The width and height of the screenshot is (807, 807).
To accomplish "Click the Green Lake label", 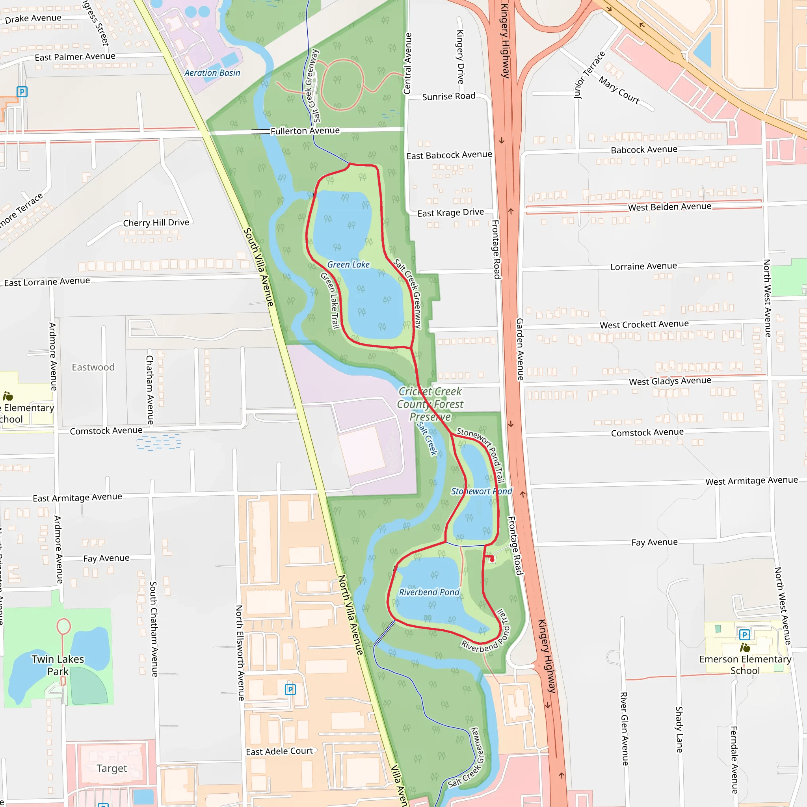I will coord(348,264).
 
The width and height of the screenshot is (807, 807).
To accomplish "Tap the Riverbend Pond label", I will coord(429,592).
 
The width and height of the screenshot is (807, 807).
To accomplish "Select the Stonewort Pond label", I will coord(481,491).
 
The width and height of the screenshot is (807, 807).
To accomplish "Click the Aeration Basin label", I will coord(212,73).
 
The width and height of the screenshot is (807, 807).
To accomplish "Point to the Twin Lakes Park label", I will coord(58,665).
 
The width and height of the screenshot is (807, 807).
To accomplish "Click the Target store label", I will coord(112,768).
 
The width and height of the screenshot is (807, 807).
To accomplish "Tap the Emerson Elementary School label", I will coord(745,665).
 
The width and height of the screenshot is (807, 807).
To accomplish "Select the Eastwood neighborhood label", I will coord(93,367).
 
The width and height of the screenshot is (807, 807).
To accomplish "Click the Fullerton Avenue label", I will coord(305,131).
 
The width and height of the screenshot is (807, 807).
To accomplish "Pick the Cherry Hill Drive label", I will coord(156,223).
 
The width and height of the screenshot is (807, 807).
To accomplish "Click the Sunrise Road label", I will coord(448,97).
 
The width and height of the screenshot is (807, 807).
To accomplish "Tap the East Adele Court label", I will coord(279,751).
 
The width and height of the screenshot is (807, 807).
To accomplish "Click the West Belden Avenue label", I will coord(669,207).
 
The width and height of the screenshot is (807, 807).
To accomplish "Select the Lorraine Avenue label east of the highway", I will coord(644,266).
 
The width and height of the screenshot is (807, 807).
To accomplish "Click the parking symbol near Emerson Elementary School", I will coord(744,635).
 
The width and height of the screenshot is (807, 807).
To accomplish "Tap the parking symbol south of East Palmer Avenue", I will coord(22,91).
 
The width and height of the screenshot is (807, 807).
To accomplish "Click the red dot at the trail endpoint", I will coord(492,559).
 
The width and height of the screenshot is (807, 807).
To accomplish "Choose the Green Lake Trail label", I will coord(329,300).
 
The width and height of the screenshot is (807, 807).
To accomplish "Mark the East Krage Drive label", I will coord(451,213).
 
